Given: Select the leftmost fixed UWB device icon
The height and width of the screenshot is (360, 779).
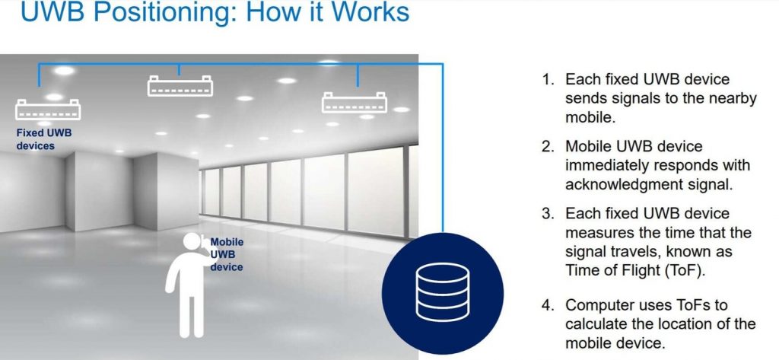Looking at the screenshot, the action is [48, 110].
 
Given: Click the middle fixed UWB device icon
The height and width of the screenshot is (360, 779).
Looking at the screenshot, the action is [180, 85].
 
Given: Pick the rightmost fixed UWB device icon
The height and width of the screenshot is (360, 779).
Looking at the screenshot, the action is [355, 102].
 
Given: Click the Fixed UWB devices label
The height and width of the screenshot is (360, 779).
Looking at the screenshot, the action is [44, 139].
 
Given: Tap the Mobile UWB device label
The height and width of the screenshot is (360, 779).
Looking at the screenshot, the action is [227, 254].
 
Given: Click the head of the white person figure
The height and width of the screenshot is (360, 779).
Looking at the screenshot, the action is [192, 242].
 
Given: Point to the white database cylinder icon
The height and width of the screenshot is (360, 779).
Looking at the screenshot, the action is [442, 292].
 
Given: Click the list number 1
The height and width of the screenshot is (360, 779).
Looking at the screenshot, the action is [547, 80].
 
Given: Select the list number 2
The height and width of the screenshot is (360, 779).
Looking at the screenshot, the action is [547, 147].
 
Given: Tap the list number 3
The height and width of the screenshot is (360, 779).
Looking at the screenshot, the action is [547, 214].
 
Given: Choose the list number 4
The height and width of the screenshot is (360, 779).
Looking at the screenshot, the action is [547, 304].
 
